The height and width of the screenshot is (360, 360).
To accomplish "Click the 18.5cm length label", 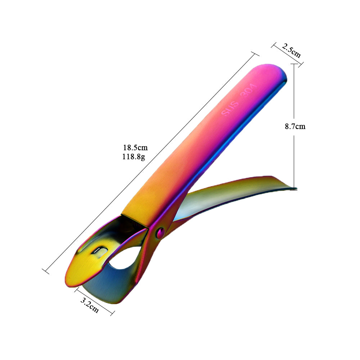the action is click(135, 147).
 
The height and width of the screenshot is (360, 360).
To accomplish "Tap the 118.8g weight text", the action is click(134, 157).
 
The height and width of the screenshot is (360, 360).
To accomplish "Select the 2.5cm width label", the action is click(291, 51).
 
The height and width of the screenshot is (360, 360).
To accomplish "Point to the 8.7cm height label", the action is click(295, 126).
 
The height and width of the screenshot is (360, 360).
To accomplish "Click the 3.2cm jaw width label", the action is click(89, 305).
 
